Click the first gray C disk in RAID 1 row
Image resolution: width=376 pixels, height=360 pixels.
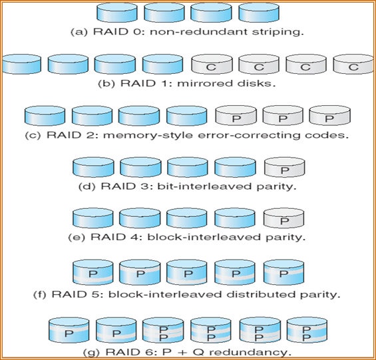point(210,65)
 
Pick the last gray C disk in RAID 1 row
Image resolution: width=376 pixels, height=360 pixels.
point(353,65)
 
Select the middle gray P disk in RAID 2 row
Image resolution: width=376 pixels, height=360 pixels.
point(282,116)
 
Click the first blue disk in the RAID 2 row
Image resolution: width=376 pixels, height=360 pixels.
point(44,116)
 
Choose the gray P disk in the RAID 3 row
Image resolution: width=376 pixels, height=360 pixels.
point(283,168)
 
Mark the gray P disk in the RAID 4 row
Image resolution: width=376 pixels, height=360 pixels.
point(283,219)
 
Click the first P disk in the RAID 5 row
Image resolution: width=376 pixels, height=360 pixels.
point(92,272)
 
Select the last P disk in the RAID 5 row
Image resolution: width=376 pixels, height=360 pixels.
point(283,272)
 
